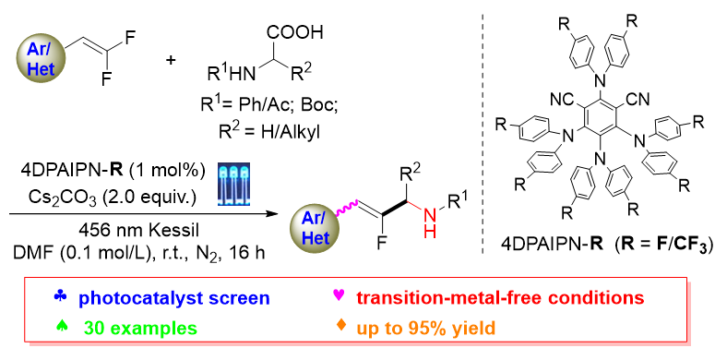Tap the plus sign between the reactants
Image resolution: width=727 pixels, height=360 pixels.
coord(171,60)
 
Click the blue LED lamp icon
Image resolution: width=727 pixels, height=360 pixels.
coord(233,184)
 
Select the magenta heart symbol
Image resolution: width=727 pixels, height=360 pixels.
coord(340,294)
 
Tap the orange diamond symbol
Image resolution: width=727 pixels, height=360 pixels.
coord(340,325)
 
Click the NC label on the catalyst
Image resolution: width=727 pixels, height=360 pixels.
coord(561,100)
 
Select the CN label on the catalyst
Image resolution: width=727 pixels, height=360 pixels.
coord(638,100)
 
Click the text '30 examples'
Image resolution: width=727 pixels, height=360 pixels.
coord(139,328)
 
